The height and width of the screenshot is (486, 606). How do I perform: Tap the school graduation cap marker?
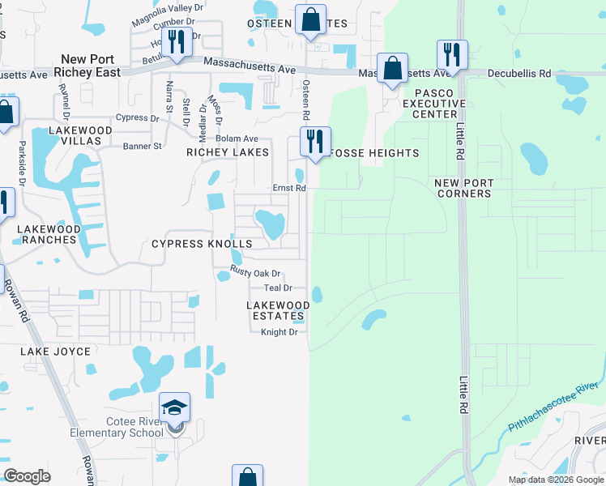175,408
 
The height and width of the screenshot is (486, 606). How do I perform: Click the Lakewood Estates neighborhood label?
278,310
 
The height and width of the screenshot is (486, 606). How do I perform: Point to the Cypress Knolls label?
203,244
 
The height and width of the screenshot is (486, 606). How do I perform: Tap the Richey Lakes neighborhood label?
228,152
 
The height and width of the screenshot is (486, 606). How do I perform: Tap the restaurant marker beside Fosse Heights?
314,140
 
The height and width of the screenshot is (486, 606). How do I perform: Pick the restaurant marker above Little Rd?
451,54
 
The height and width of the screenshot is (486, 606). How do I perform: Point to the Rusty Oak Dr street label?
255,273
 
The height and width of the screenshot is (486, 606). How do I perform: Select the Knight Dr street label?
279,332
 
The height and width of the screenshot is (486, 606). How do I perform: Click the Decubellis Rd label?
519,74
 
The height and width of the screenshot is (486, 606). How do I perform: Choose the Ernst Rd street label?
289,188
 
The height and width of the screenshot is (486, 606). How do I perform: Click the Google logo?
28,476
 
